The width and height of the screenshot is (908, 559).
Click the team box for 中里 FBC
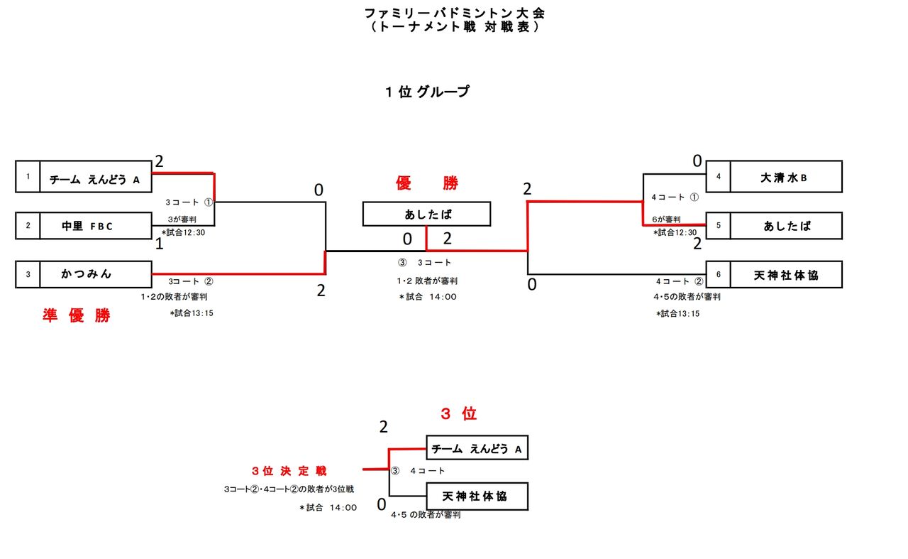[95, 226]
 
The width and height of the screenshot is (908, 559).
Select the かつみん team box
[95, 274]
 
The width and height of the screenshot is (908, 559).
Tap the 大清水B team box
[785, 177]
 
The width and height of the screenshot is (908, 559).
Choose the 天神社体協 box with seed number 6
[785, 275]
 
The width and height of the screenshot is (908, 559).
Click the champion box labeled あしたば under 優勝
[426, 214]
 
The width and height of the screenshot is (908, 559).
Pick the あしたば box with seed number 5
[785, 226]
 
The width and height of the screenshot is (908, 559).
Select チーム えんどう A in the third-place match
[477, 448]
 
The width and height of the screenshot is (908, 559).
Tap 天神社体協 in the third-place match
[477, 496]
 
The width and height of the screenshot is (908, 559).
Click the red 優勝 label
[427, 183]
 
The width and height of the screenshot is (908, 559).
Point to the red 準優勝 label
[77, 317]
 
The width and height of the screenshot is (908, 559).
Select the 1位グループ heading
[426, 92]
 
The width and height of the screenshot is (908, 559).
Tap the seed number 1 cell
[28, 176]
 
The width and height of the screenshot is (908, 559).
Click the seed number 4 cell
[718, 177]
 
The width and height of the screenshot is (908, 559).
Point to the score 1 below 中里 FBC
[160, 244]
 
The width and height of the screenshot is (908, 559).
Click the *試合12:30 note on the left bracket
[183, 232]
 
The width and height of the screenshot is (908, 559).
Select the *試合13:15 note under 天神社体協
[677, 313]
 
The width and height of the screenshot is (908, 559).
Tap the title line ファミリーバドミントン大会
[455, 13]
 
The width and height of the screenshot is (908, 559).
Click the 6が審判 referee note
[667, 219]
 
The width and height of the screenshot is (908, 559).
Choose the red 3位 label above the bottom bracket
[458, 414]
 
